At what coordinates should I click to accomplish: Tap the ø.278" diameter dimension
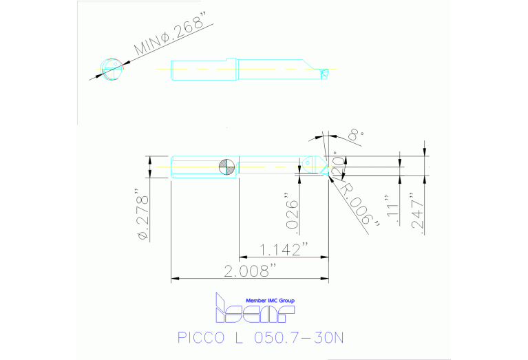tap(143, 214)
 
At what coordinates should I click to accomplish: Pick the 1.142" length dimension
tap(284, 248)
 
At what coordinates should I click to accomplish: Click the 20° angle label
tap(337, 164)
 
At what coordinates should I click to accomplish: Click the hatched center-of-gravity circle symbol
tap(226, 166)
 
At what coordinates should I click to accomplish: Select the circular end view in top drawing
tap(111, 67)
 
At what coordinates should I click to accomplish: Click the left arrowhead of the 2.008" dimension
tap(174, 279)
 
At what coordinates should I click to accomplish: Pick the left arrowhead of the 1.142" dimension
tap(242, 257)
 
